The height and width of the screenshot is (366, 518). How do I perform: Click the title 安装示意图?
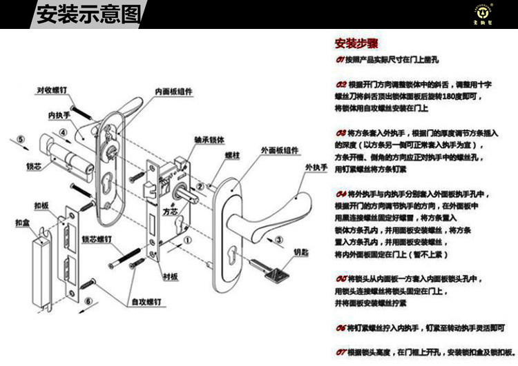(x=87, y=14)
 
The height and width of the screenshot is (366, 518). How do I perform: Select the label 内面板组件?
(x=173, y=90)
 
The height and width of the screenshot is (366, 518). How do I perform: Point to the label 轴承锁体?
(x=209, y=139)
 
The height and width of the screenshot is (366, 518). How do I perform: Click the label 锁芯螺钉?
(x=97, y=239)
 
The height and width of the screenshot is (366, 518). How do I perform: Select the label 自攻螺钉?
(x=148, y=302)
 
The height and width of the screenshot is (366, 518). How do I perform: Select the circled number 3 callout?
(x=278, y=240)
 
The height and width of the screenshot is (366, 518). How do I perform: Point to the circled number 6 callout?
(x=88, y=301)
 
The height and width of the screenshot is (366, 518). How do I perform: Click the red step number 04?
(x=340, y=194)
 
